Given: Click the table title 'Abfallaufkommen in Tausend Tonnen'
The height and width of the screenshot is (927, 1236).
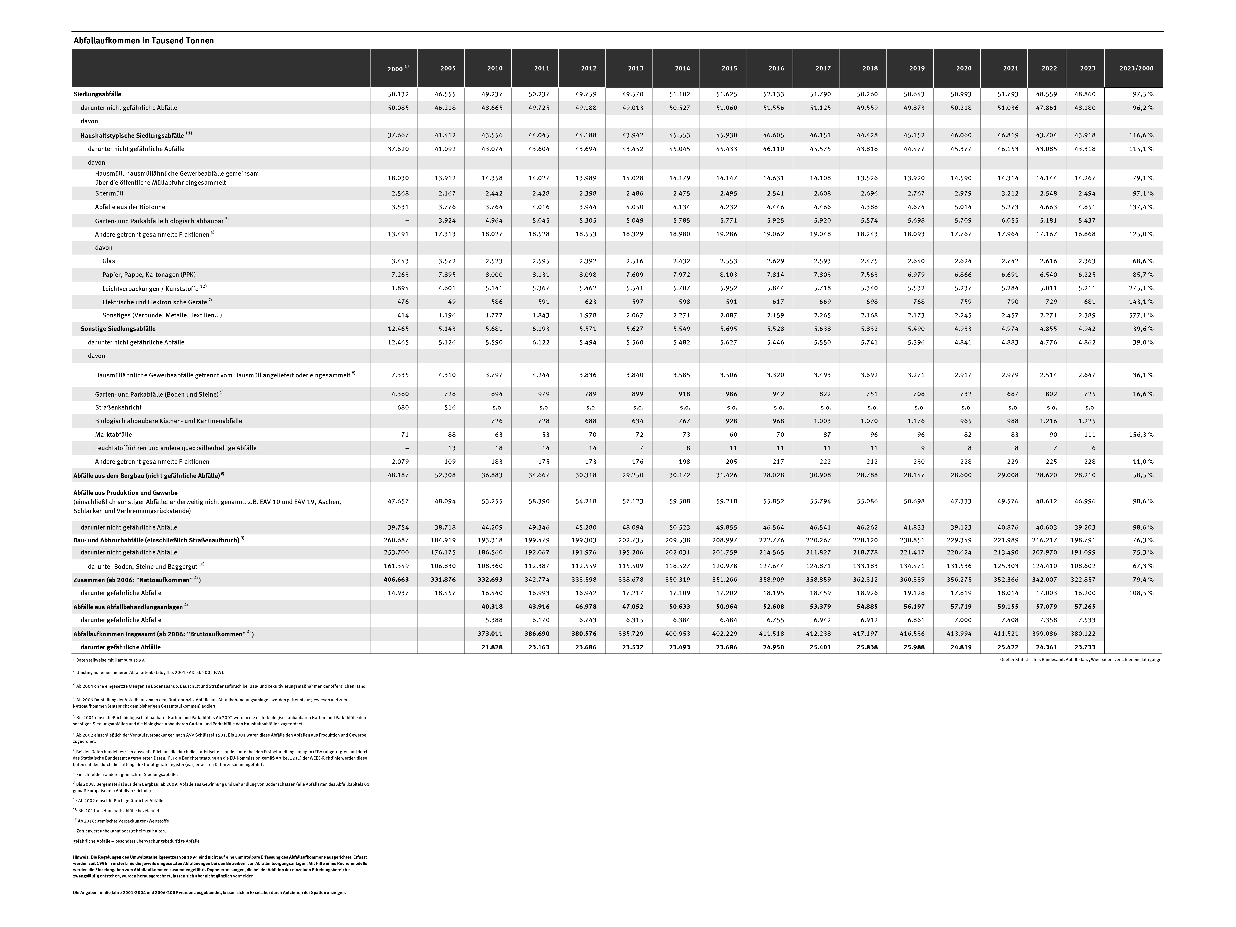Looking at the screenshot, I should [x=144, y=41].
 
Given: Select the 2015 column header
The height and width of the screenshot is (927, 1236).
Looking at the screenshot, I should [x=729, y=68].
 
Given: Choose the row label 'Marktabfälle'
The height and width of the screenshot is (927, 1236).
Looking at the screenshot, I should [x=113, y=434].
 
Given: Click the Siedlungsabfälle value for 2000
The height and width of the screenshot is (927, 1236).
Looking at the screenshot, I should [x=398, y=94].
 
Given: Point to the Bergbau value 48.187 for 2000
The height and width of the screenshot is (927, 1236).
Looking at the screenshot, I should [x=398, y=475].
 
